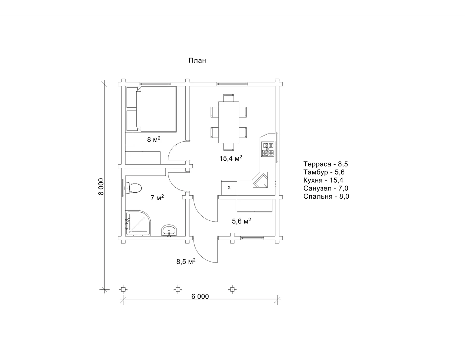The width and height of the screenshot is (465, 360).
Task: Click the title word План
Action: tap(197, 61)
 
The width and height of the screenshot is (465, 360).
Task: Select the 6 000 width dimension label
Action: tap(200, 296)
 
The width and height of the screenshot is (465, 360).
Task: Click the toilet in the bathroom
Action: tap(133, 188)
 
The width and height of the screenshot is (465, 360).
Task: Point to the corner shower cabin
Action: tap(138, 223)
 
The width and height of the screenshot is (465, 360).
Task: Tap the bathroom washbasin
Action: tap(169, 230)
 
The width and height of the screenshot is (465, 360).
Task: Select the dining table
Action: tap(229, 122)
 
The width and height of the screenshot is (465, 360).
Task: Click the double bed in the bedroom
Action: tap(151, 109)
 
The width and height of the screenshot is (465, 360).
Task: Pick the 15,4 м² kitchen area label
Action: tap(231, 158)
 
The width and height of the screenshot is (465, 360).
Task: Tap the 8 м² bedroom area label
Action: tap(154, 139)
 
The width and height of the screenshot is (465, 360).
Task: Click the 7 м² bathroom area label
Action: tap(157, 197)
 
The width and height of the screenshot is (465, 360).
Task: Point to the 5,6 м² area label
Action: tap(241, 221)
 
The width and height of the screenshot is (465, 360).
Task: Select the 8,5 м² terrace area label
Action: tap(186, 261)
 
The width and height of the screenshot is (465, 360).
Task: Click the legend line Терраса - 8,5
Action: tap(325, 164)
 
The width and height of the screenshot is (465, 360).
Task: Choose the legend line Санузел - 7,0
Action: tap(326, 188)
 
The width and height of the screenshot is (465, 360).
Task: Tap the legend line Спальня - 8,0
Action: tap(326, 196)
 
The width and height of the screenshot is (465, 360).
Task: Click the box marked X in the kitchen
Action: tap(229, 188)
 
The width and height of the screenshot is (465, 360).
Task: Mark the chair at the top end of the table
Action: tap(229, 98)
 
